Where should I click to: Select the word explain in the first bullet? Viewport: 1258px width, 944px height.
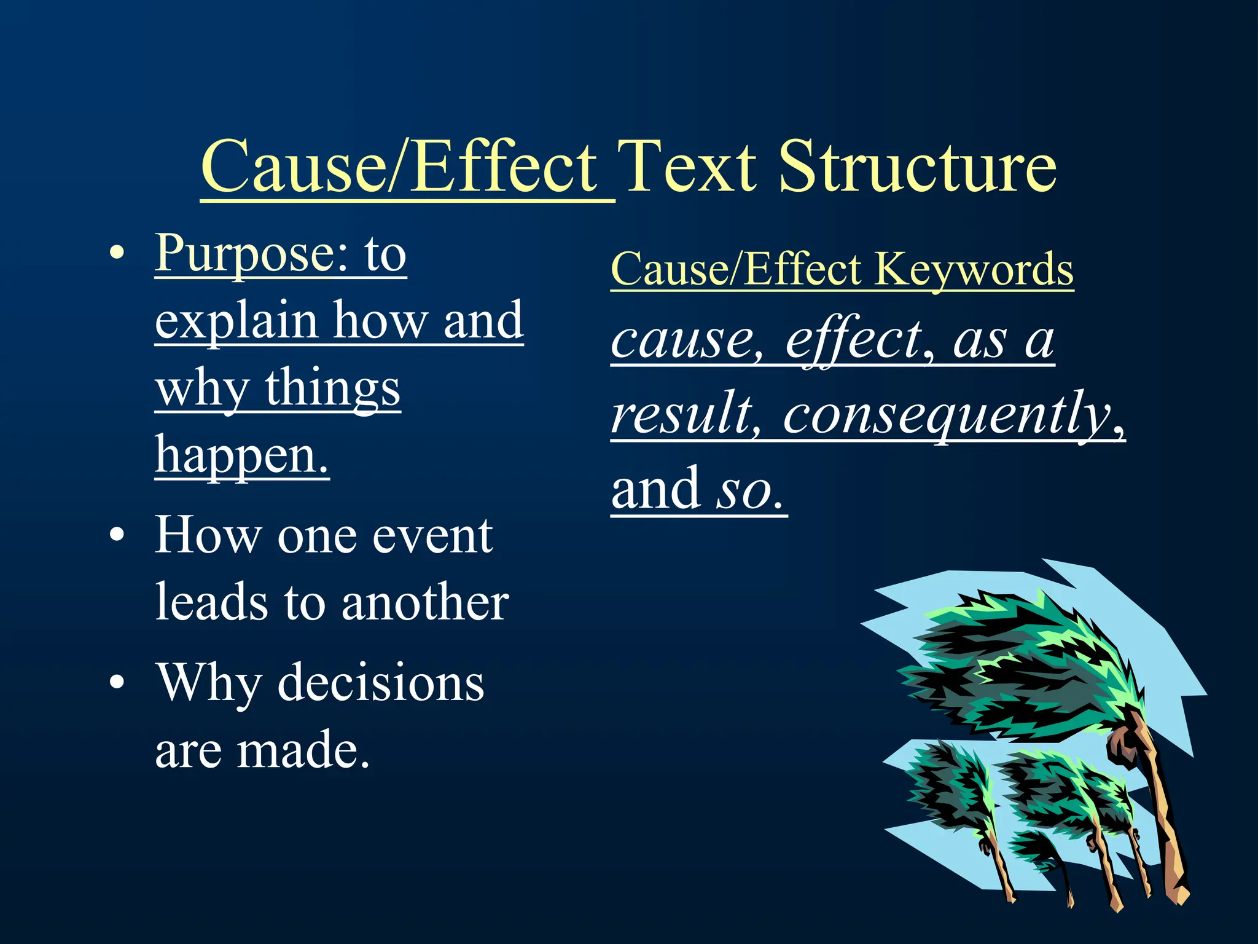tap(236, 322)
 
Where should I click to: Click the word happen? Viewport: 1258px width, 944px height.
tap(241, 456)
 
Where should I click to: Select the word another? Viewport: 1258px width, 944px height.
tap(425, 603)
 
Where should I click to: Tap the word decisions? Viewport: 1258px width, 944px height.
tap(381, 683)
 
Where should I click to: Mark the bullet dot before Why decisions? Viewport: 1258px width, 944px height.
tap(117, 683)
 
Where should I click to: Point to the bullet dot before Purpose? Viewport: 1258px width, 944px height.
tap(117, 254)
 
